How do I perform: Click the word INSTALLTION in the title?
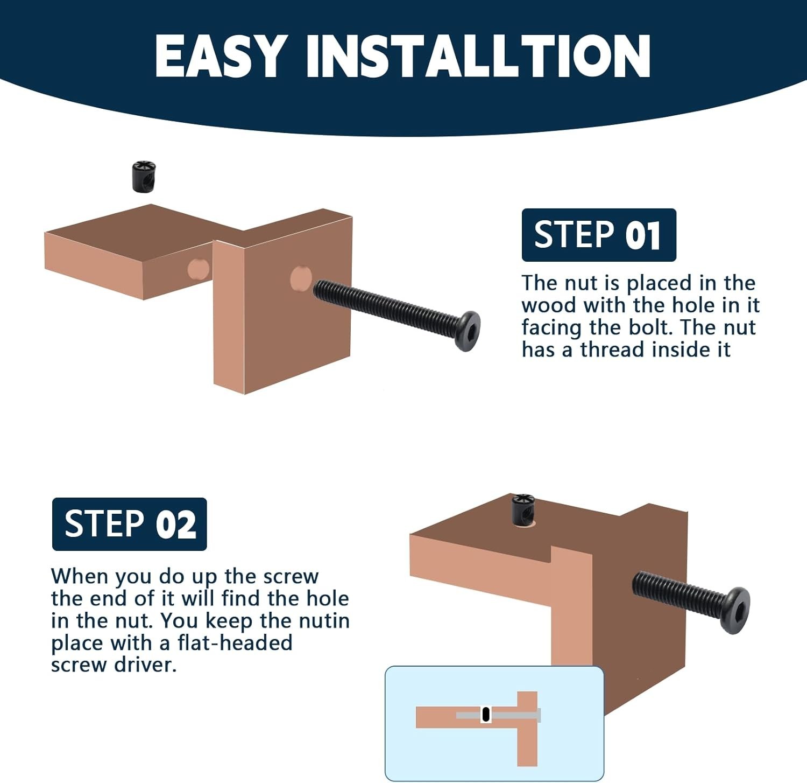pos(478,55)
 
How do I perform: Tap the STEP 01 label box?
pos(599,235)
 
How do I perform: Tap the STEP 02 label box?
pos(130,524)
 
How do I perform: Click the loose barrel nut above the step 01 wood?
pos(144,176)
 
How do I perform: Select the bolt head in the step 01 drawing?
pos(467,331)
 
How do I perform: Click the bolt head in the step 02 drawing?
pos(737,610)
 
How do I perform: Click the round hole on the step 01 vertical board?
pos(301,279)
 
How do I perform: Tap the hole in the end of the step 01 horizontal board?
pos(198,268)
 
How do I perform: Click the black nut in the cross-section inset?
pos(486,714)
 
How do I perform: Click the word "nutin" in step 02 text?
pos(324,620)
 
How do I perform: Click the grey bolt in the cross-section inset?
pos(498,715)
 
